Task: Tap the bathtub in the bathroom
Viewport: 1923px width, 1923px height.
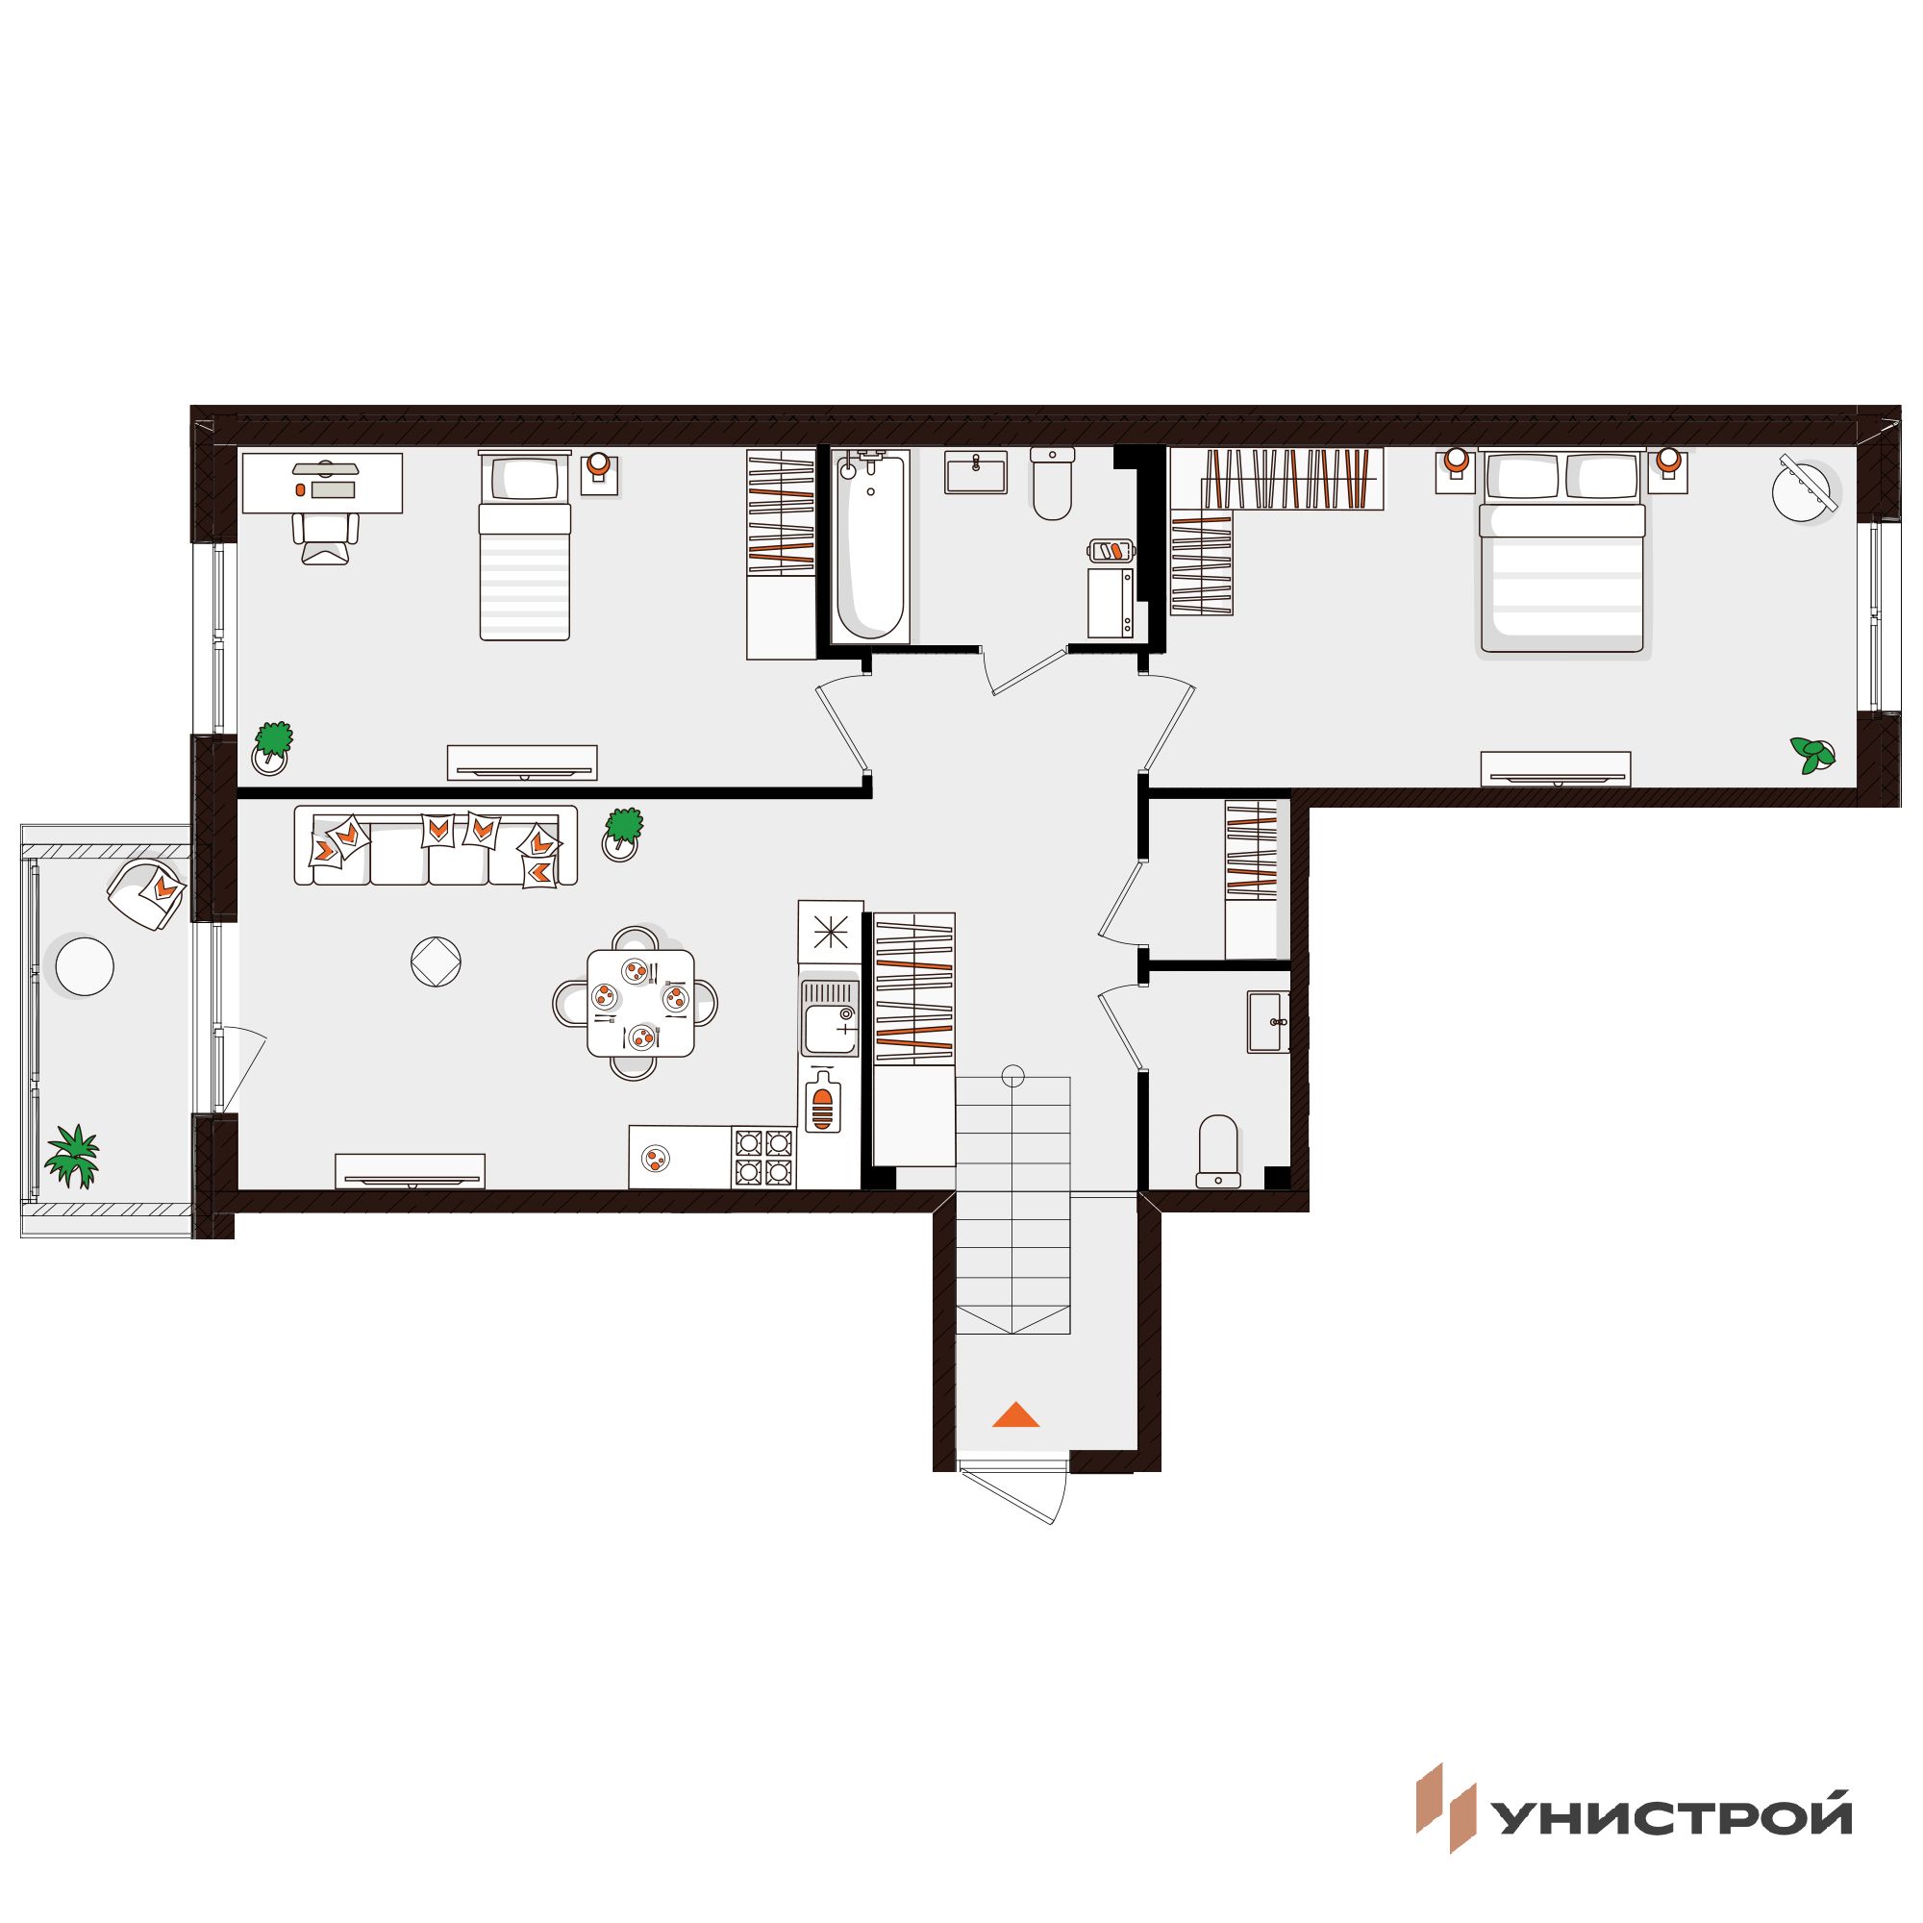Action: click(870, 546)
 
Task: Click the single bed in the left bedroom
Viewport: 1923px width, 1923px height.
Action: click(525, 545)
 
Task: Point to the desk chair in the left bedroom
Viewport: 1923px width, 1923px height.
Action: click(326, 538)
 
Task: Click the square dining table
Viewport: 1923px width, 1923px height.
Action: click(641, 1002)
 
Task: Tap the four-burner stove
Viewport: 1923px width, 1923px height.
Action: click(763, 1157)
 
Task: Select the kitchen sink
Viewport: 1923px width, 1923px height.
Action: click(830, 1016)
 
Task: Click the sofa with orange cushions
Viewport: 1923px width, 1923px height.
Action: click(436, 845)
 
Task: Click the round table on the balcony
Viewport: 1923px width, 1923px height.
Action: click(85, 964)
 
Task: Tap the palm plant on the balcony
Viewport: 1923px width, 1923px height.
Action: click(74, 1156)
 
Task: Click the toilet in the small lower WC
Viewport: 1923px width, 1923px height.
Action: click(1218, 1151)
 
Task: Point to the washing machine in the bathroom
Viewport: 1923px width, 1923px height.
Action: click(1111, 602)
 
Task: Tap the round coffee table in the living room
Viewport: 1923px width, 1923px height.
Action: click(436, 961)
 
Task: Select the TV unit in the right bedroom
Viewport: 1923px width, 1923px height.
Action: click(1556, 768)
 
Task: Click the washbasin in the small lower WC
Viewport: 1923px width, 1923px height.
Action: click(1268, 1021)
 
